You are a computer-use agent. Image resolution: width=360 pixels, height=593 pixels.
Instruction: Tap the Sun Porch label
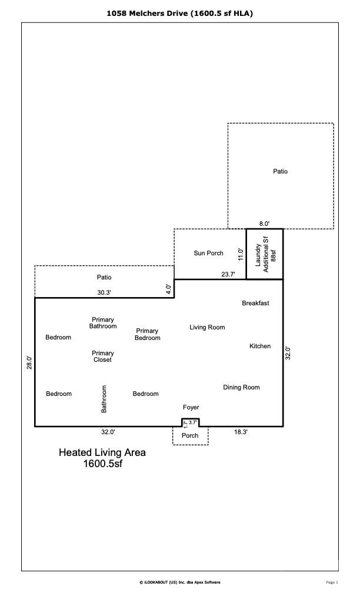pos(208,253)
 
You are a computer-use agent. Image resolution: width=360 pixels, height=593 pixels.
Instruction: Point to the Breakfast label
pos(255,303)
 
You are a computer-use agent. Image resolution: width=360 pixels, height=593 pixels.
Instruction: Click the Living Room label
pos(207,327)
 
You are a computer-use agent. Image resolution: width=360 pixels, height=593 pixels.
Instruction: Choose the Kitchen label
pos(260,346)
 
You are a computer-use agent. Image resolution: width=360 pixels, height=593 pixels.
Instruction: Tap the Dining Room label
pos(241,387)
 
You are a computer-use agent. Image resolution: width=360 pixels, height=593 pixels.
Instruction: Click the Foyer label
pos(191,407)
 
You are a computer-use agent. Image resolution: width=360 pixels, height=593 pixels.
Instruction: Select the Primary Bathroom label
pos(103,322)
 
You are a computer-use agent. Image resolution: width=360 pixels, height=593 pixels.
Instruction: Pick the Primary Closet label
pos(103,357)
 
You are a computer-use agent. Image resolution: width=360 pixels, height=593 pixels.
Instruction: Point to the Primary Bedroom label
pos(147,334)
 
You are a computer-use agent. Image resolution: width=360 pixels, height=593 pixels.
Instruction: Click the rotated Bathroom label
pos(104,398)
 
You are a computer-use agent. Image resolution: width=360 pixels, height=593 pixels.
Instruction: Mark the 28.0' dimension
pos(29,362)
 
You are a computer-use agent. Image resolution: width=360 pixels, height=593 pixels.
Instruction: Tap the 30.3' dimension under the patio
pos(104,292)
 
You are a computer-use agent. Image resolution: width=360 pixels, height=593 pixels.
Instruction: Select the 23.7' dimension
pos(228,274)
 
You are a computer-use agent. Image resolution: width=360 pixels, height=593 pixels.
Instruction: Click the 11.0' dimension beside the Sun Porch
pos(241,254)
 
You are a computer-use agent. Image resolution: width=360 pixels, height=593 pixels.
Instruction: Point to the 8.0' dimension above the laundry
pos(264,224)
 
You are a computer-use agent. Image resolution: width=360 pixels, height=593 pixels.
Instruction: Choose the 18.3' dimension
pos(241,432)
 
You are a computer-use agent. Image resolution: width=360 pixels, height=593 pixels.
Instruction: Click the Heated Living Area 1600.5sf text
pos(102,458)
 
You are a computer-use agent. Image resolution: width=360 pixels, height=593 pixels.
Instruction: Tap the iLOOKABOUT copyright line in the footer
pos(179,582)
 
